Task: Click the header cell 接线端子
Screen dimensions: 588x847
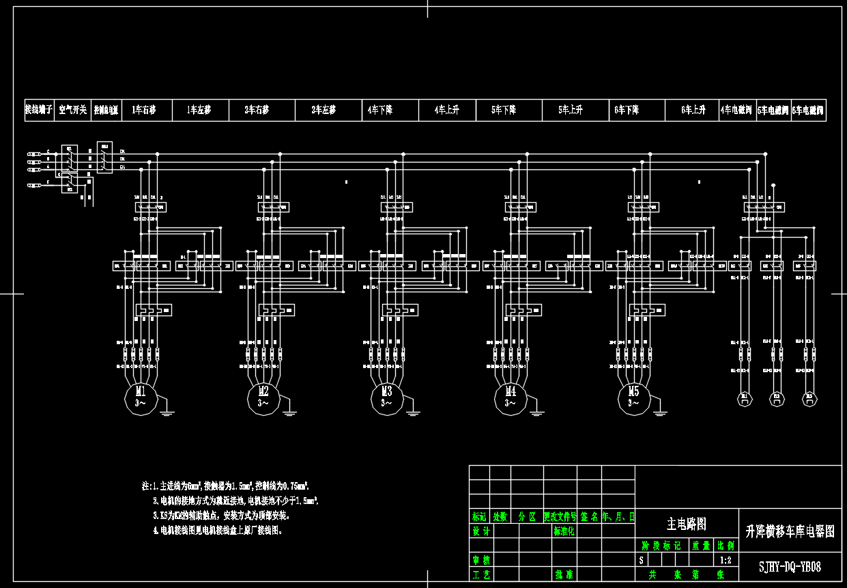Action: (38, 110)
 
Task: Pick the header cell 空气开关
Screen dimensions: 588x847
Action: (72, 110)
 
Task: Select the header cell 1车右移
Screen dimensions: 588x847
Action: (143, 110)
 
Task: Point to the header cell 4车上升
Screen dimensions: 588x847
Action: (446, 110)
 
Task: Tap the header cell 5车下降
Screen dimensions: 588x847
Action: (504, 110)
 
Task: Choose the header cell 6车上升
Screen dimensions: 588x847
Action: (693, 110)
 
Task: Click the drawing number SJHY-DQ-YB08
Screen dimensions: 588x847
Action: (790, 567)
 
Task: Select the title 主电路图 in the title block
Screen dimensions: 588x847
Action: (687, 524)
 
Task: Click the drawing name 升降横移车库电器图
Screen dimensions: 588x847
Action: (790, 531)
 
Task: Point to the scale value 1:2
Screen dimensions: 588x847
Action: (726, 561)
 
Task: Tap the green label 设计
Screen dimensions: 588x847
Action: (481, 531)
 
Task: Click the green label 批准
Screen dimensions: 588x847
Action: (564, 575)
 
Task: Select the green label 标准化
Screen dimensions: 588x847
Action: (564, 531)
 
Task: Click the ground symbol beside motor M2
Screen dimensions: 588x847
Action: (289, 412)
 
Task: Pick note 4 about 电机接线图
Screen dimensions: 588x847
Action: (217, 530)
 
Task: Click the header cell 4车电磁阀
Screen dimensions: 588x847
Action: (736, 110)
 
